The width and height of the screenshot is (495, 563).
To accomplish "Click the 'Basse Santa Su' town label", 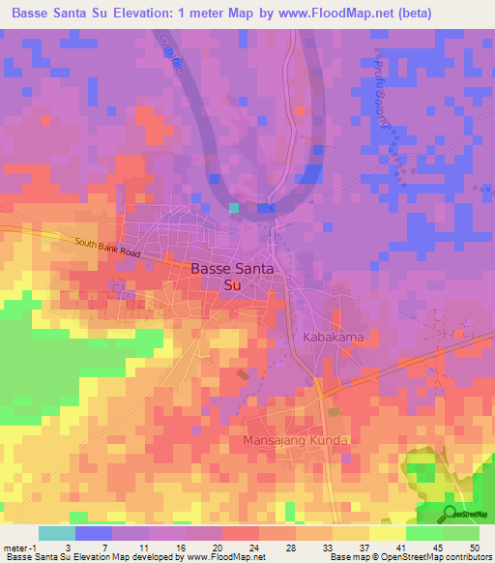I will pos(232,277).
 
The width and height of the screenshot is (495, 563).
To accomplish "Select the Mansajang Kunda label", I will pos(295,439).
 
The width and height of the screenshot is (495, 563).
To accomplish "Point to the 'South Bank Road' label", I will pos(108,248).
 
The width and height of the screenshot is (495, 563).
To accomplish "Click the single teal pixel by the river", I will pos(234,206).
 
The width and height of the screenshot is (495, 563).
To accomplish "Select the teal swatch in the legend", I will pos(56,533).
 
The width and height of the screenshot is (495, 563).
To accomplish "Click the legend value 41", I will pos(401,547).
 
